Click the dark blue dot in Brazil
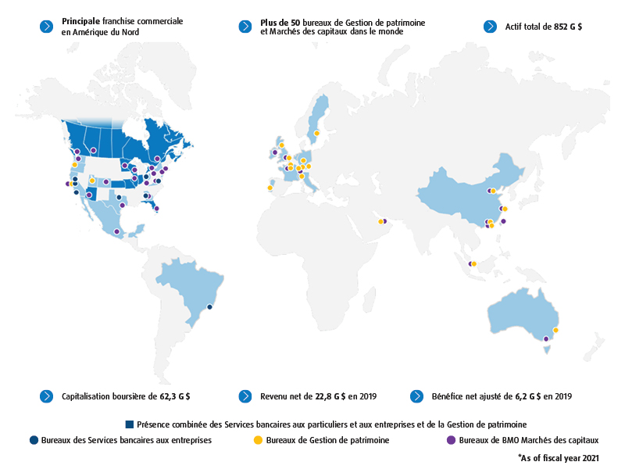210,307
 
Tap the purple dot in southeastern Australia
545,338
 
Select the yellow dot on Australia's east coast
555,330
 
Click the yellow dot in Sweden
316,133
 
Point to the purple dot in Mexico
116,231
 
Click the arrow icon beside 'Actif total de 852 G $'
490,26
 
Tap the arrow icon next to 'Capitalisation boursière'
45,396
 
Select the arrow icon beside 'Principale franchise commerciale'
45,26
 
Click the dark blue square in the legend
129,424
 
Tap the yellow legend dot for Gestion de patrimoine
258,440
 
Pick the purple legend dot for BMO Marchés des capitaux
451,440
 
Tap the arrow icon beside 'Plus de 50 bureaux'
245,26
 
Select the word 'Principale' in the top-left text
80,22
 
